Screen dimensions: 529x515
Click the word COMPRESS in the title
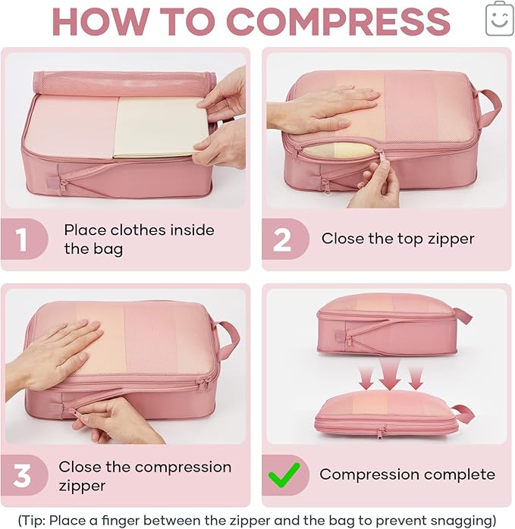[338, 22]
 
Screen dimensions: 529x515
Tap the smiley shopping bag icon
[499, 18]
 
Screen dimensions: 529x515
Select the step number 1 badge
[21, 239]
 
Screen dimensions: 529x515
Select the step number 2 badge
[282, 239]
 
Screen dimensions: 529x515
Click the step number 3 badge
[21, 476]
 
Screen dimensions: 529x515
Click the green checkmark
[283, 475]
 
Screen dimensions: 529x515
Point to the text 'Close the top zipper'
[397, 239]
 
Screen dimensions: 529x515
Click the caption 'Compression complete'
[407, 475]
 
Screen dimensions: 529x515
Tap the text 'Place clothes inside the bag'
[139, 239]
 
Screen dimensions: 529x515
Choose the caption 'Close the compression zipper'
[145, 475]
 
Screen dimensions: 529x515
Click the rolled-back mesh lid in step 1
[121, 83]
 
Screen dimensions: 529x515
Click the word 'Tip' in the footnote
[33, 519]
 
